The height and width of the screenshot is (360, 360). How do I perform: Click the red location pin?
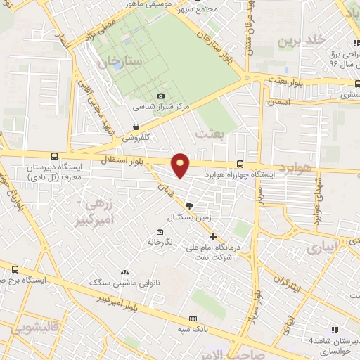[181, 165]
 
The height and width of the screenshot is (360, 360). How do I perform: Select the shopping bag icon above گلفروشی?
[135, 127]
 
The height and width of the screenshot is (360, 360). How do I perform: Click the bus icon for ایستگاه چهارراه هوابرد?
[241, 163]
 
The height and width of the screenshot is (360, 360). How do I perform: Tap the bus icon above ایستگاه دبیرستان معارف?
[55, 157]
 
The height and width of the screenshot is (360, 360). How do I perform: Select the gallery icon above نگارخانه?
[160, 232]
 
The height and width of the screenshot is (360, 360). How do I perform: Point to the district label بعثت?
[210, 133]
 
